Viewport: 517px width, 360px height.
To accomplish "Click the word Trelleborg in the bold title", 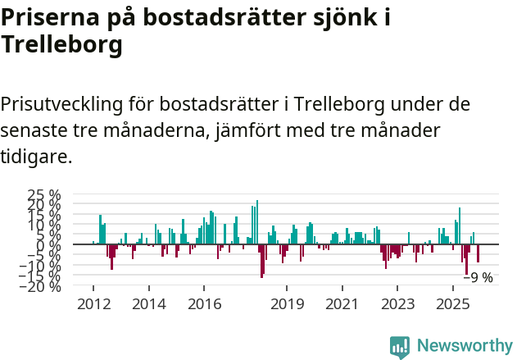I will pyautogui.click(x=62, y=46).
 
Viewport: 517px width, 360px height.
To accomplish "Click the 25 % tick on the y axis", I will pyautogui.click(x=44, y=195).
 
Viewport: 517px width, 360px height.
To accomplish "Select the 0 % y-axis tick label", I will pyautogui.click(x=50, y=244).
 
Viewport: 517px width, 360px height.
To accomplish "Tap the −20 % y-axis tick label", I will pyautogui.click(x=40, y=286).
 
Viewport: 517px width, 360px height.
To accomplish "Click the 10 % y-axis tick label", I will pyautogui.click(x=44, y=225).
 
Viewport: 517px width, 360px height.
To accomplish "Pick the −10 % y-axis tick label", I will pyautogui.click(x=40, y=266).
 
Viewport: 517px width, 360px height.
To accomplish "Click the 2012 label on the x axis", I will pyautogui.click(x=93, y=304).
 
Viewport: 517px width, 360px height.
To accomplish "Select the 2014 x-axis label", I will pyautogui.click(x=148, y=304).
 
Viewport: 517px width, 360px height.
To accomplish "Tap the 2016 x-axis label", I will pyautogui.click(x=204, y=304).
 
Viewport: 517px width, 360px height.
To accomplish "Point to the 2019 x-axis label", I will pyautogui.click(x=287, y=304).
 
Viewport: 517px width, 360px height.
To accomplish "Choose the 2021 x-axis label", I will pyautogui.click(x=342, y=304).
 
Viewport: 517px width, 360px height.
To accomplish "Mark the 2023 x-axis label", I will pyautogui.click(x=398, y=304).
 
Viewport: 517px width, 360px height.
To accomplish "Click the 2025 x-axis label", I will pyautogui.click(x=453, y=304).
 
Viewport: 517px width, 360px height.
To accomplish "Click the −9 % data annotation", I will pyautogui.click(x=478, y=278).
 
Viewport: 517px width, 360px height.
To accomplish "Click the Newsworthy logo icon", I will pyautogui.click(x=400, y=346).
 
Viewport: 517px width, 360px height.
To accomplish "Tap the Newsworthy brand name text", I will pyautogui.click(x=464, y=346).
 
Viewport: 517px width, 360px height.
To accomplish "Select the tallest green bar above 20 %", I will pyautogui.click(x=257, y=221).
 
